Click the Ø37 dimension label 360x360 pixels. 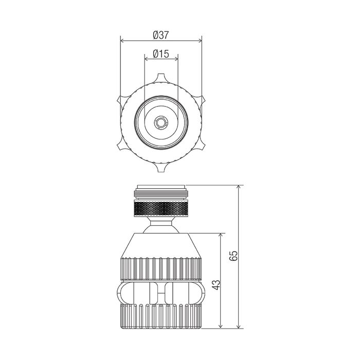tap(160, 35)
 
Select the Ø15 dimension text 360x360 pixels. tap(160, 54)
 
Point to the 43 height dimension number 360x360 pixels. tap(216, 285)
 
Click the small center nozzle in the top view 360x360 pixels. tap(161, 122)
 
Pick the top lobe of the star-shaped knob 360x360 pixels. tap(161, 79)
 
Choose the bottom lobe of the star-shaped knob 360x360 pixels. tap(161, 167)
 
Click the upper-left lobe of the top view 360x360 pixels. tap(122, 101)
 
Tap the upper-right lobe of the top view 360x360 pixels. tap(200, 101)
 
